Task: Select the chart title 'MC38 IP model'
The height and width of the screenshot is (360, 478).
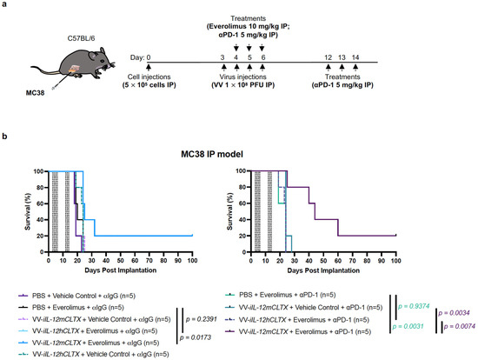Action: [x=239, y=153]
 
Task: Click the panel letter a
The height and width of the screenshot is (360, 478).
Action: [x=6, y=5]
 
